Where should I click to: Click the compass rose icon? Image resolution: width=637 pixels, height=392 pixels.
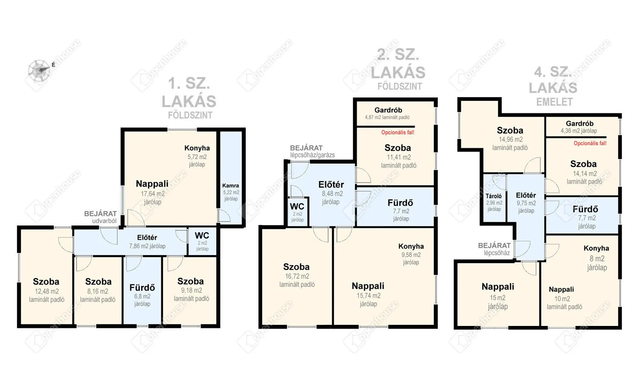tap(39, 70)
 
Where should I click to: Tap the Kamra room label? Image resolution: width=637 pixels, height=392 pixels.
tap(230, 186)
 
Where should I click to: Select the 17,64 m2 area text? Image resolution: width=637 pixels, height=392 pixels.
tap(152, 194)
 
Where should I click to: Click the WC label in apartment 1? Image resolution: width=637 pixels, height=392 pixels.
tap(202, 236)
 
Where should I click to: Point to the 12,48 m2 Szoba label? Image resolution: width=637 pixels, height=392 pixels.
tap(46, 282)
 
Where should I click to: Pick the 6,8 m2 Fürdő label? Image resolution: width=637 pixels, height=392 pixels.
tap(142, 288)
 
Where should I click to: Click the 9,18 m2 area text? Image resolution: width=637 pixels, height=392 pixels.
tap(191, 290)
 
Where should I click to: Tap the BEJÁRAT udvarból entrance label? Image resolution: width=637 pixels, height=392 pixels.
tap(101, 217)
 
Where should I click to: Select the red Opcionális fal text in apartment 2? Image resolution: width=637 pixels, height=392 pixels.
tap(397, 132)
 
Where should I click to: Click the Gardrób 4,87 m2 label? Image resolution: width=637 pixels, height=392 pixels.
tap(388, 110)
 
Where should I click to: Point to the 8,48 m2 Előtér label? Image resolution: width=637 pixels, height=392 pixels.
tap(331, 185)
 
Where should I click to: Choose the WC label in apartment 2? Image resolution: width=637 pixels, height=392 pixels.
tap(297, 207)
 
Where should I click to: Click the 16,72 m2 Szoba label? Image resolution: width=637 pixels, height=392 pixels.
tap(297, 267)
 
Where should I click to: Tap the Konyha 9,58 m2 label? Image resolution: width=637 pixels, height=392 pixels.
tap(411, 246)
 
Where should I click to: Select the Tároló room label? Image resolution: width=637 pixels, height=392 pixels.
tap(494, 196)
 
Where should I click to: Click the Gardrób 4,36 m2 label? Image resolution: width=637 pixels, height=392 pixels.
tap(579, 124)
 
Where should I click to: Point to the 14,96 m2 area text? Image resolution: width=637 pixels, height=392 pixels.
tap(510, 139)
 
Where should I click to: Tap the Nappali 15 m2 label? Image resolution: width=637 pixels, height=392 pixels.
tap(498, 287)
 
